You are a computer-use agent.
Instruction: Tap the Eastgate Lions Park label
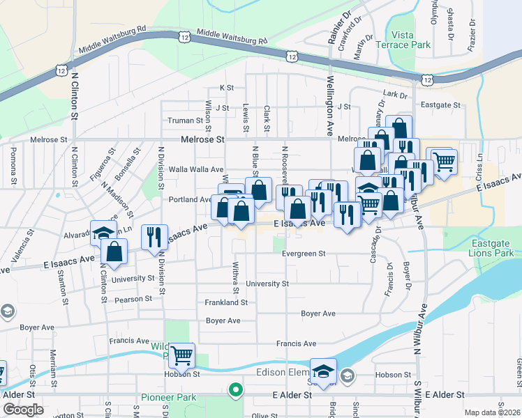click(x=491, y=249)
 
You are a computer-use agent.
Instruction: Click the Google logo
click(x=23, y=410)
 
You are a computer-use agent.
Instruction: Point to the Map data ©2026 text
click(x=491, y=412)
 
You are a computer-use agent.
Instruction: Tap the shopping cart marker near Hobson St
click(x=181, y=355)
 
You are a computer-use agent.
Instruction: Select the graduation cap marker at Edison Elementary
click(x=323, y=371)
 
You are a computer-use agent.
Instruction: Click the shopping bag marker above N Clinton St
click(x=113, y=252)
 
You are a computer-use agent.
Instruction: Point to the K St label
click(x=226, y=88)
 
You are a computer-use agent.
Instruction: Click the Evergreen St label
click(x=304, y=254)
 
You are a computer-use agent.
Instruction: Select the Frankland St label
click(x=226, y=302)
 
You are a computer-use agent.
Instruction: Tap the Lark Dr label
click(x=395, y=93)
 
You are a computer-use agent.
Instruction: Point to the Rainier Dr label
click(x=338, y=29)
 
